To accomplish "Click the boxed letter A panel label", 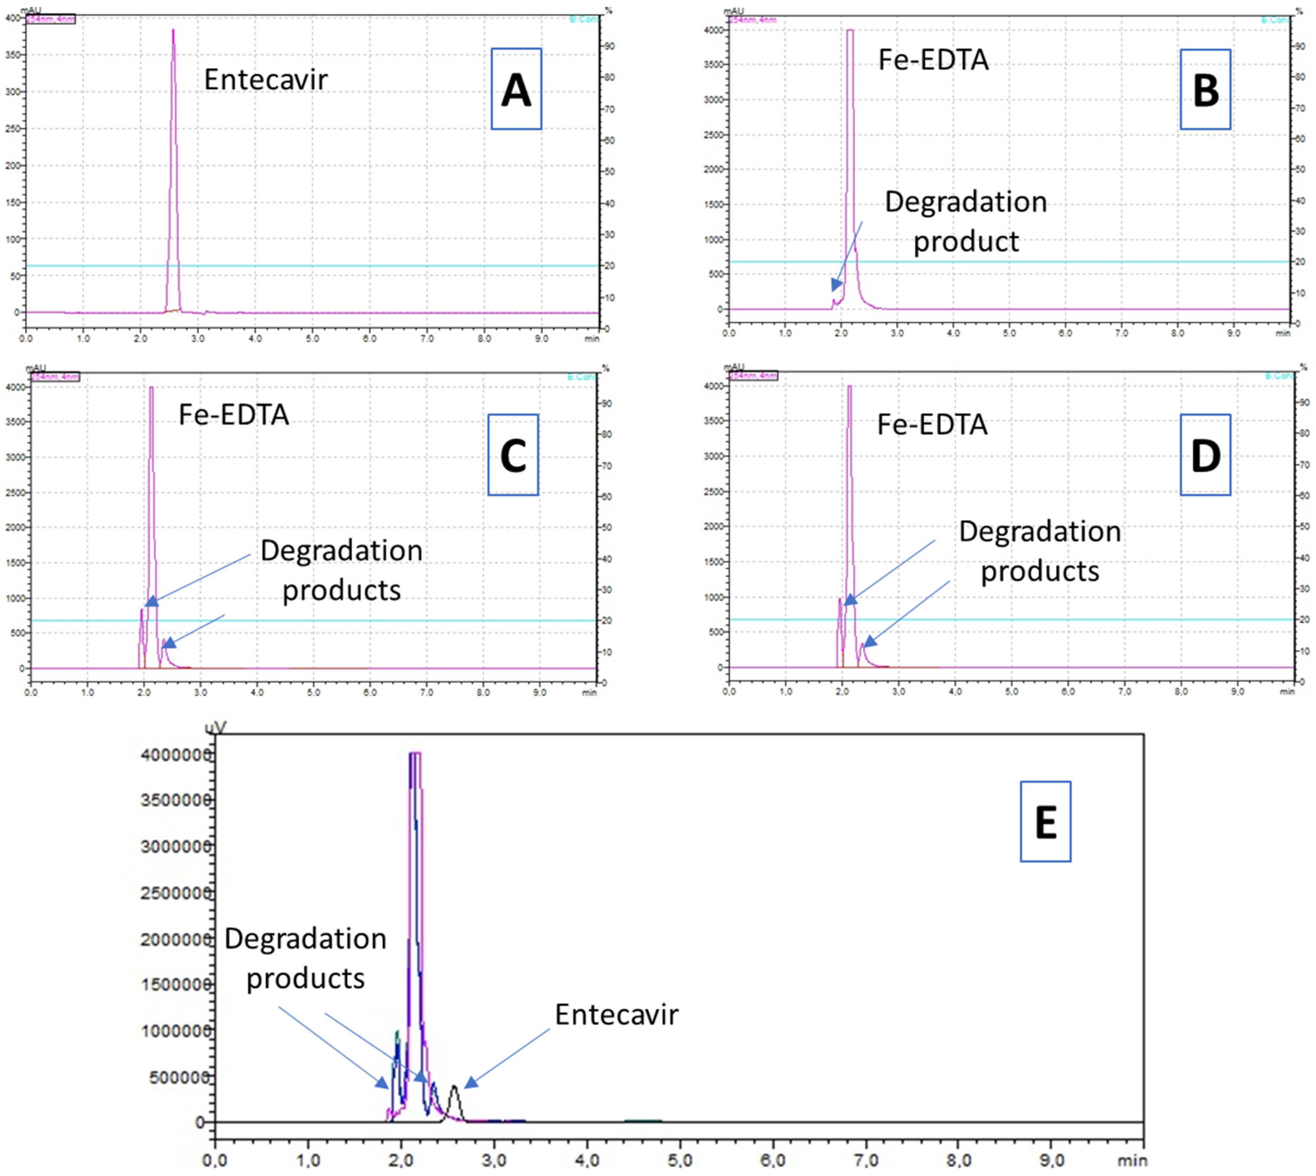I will pyautogui.click(x=516, y=89).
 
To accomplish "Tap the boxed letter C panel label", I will pyautogui.click(x=513, y=455).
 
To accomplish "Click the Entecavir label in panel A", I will pyautogui.click(x=266, y=80).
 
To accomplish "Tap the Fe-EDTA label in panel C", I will pyautogui.click(x=233, y=415).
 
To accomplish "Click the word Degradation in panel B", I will pyautogui.click(x=965, y=202).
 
